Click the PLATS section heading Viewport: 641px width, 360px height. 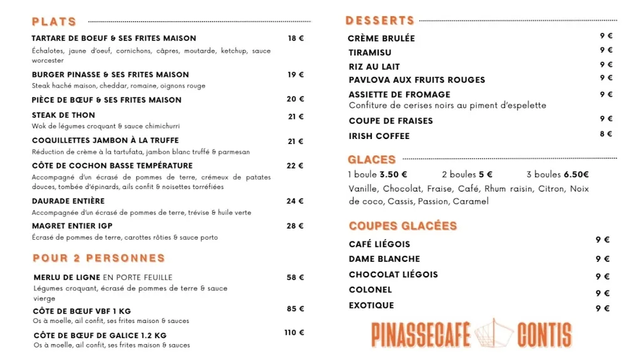pyautogui.click(x=54, y=22)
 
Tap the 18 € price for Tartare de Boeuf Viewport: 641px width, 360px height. pyautogui.click(x=295, y=38)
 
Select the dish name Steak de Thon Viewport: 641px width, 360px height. pyautogui.click(x=63, y=115)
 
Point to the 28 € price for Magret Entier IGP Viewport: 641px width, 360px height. pyautogui.click(x=295, y=226)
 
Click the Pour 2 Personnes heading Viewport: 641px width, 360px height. pyautogui.click(x=99, y=258)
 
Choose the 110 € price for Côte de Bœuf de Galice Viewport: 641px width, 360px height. pyautogui.click(x=294, y=332)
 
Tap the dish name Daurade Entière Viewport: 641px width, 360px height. pyautogui.click(x=68, y=201)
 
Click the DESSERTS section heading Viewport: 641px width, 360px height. pyautogui.click(x=380, y=21)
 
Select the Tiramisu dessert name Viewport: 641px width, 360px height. pyautogui.click(x=370, y=53)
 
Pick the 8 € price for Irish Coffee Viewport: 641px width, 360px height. pyautogui.click(x=606, y=134)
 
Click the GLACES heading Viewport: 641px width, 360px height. pyautogui.click(x=372, y=160)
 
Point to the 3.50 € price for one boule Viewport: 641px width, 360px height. pyautogui.click(x=393, y=175)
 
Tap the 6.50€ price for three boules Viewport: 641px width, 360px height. pyautogui.click(x=576, y=175)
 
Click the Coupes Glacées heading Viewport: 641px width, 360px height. pyautogui.click(x=403, y=226)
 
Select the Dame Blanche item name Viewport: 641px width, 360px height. pyautogui.click(x=384, y=259)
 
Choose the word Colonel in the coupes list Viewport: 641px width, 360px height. pyautogui.click(x=370, y=290)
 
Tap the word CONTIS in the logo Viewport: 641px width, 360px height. pyautogui.click(x=544, y=335)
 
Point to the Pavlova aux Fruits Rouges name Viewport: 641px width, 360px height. pyautogui.click(x=417, y=80)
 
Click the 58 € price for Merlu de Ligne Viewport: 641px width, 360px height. pyautogui.click(x=295, y=277)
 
